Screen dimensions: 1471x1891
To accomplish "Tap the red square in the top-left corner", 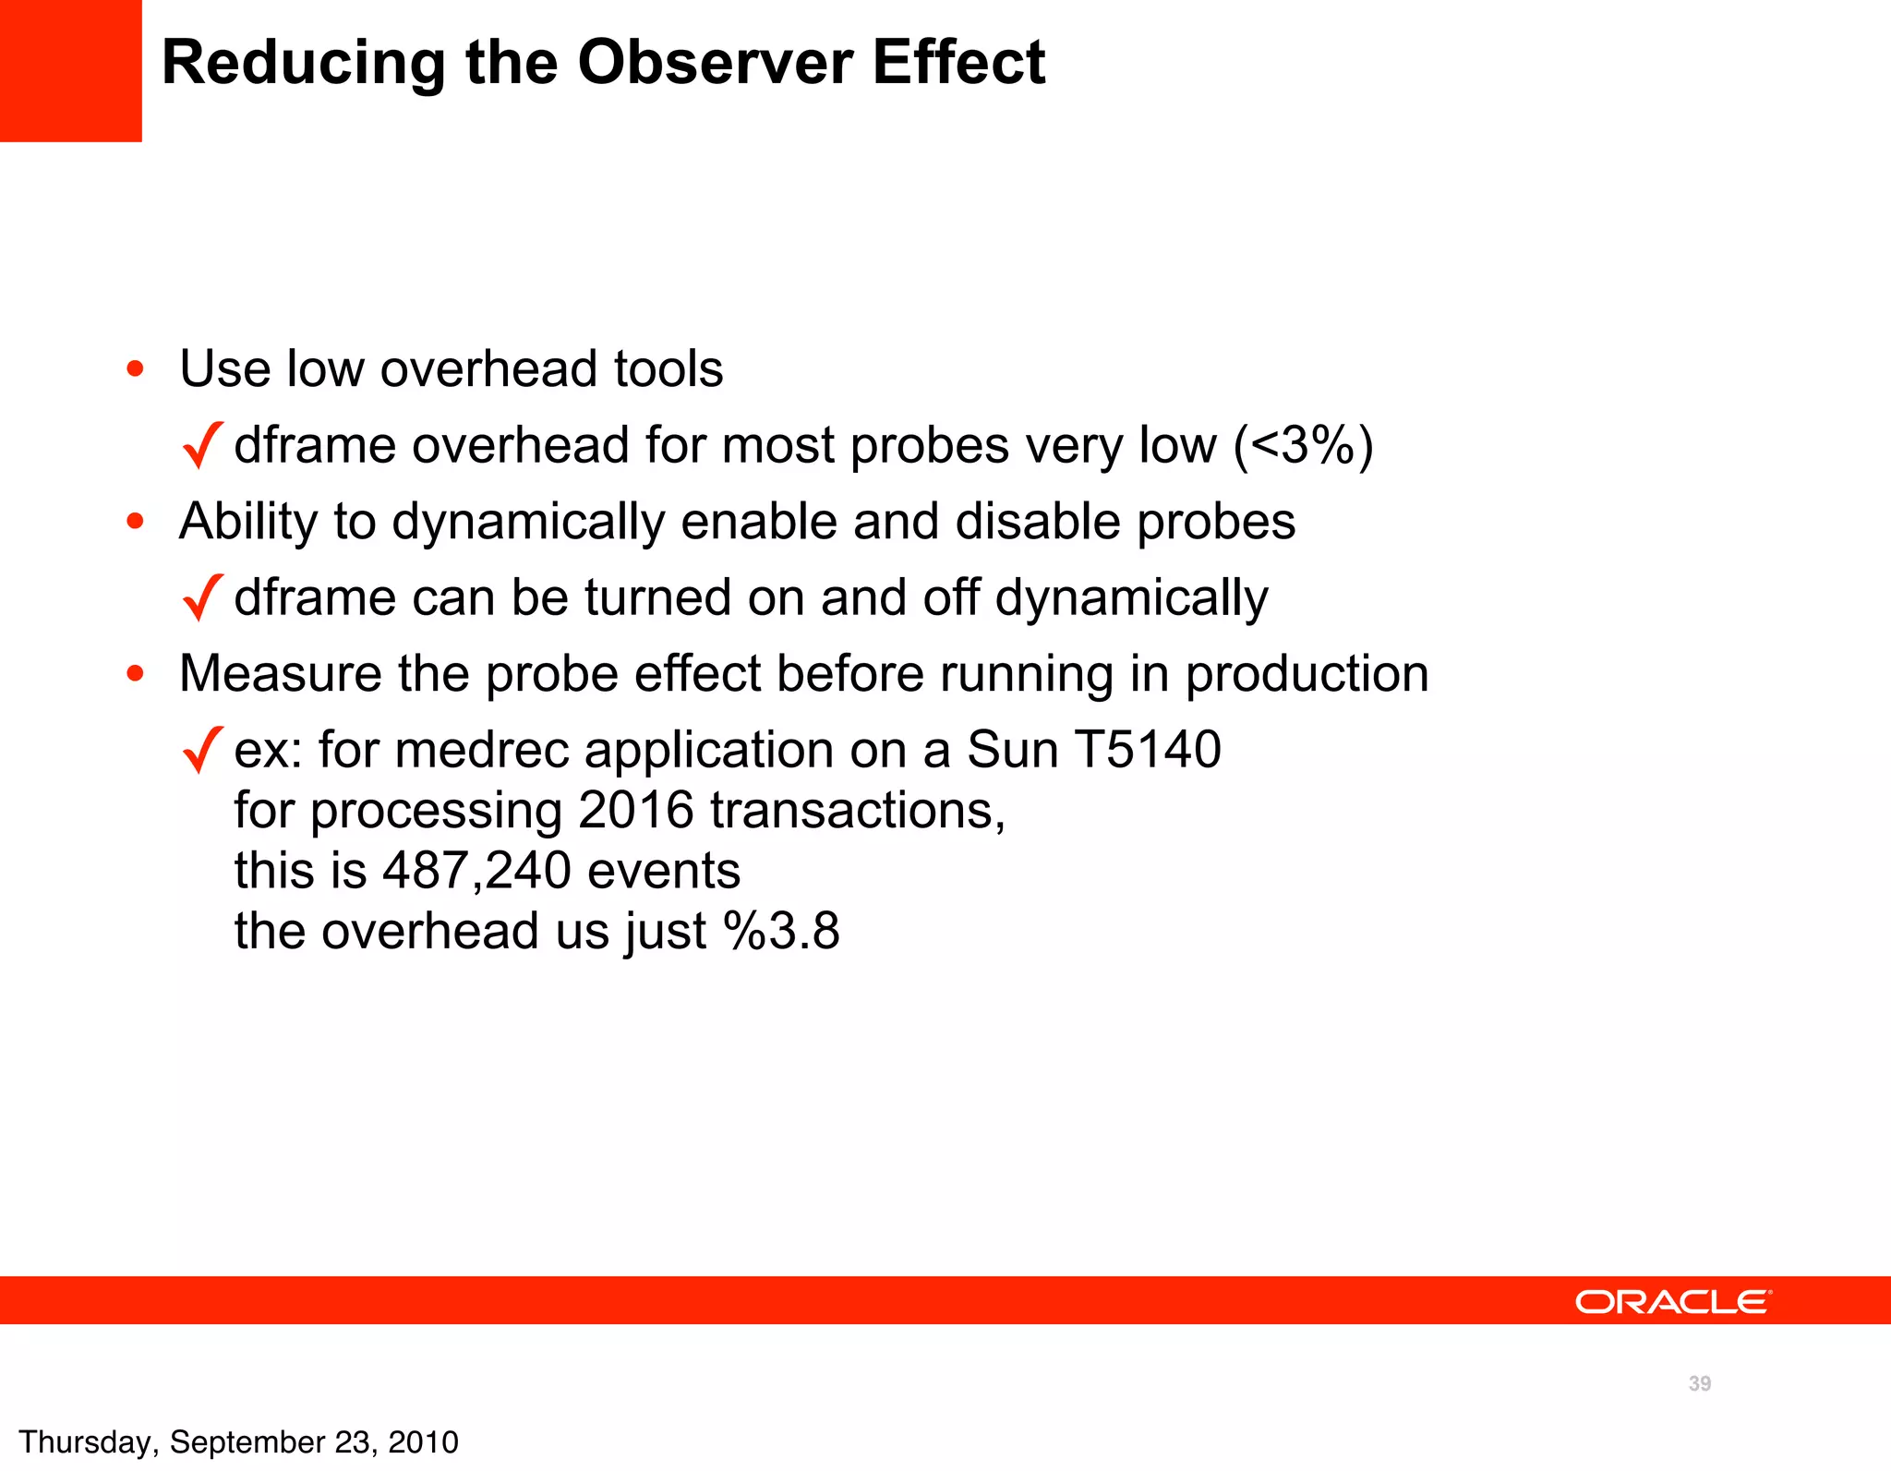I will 70,70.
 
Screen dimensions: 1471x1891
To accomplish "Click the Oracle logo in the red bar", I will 1673,1302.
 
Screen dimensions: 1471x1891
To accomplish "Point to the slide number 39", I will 1699,1383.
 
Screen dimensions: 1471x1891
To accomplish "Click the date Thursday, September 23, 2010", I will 238,1442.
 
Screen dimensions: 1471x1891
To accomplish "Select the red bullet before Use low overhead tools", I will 136,369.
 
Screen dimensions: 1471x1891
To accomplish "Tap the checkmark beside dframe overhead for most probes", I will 202,445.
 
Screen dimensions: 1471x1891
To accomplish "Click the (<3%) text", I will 1303,445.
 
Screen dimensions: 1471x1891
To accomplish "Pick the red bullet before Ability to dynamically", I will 136,522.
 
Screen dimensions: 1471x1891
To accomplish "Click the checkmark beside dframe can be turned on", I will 202,597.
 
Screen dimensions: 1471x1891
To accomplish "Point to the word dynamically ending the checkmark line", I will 1131,598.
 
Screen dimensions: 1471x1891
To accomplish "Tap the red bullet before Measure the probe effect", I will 136,674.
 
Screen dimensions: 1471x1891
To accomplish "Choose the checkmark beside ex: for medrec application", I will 202,750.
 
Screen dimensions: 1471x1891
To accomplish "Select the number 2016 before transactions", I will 635,810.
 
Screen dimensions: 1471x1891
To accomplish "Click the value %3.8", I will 781,931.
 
